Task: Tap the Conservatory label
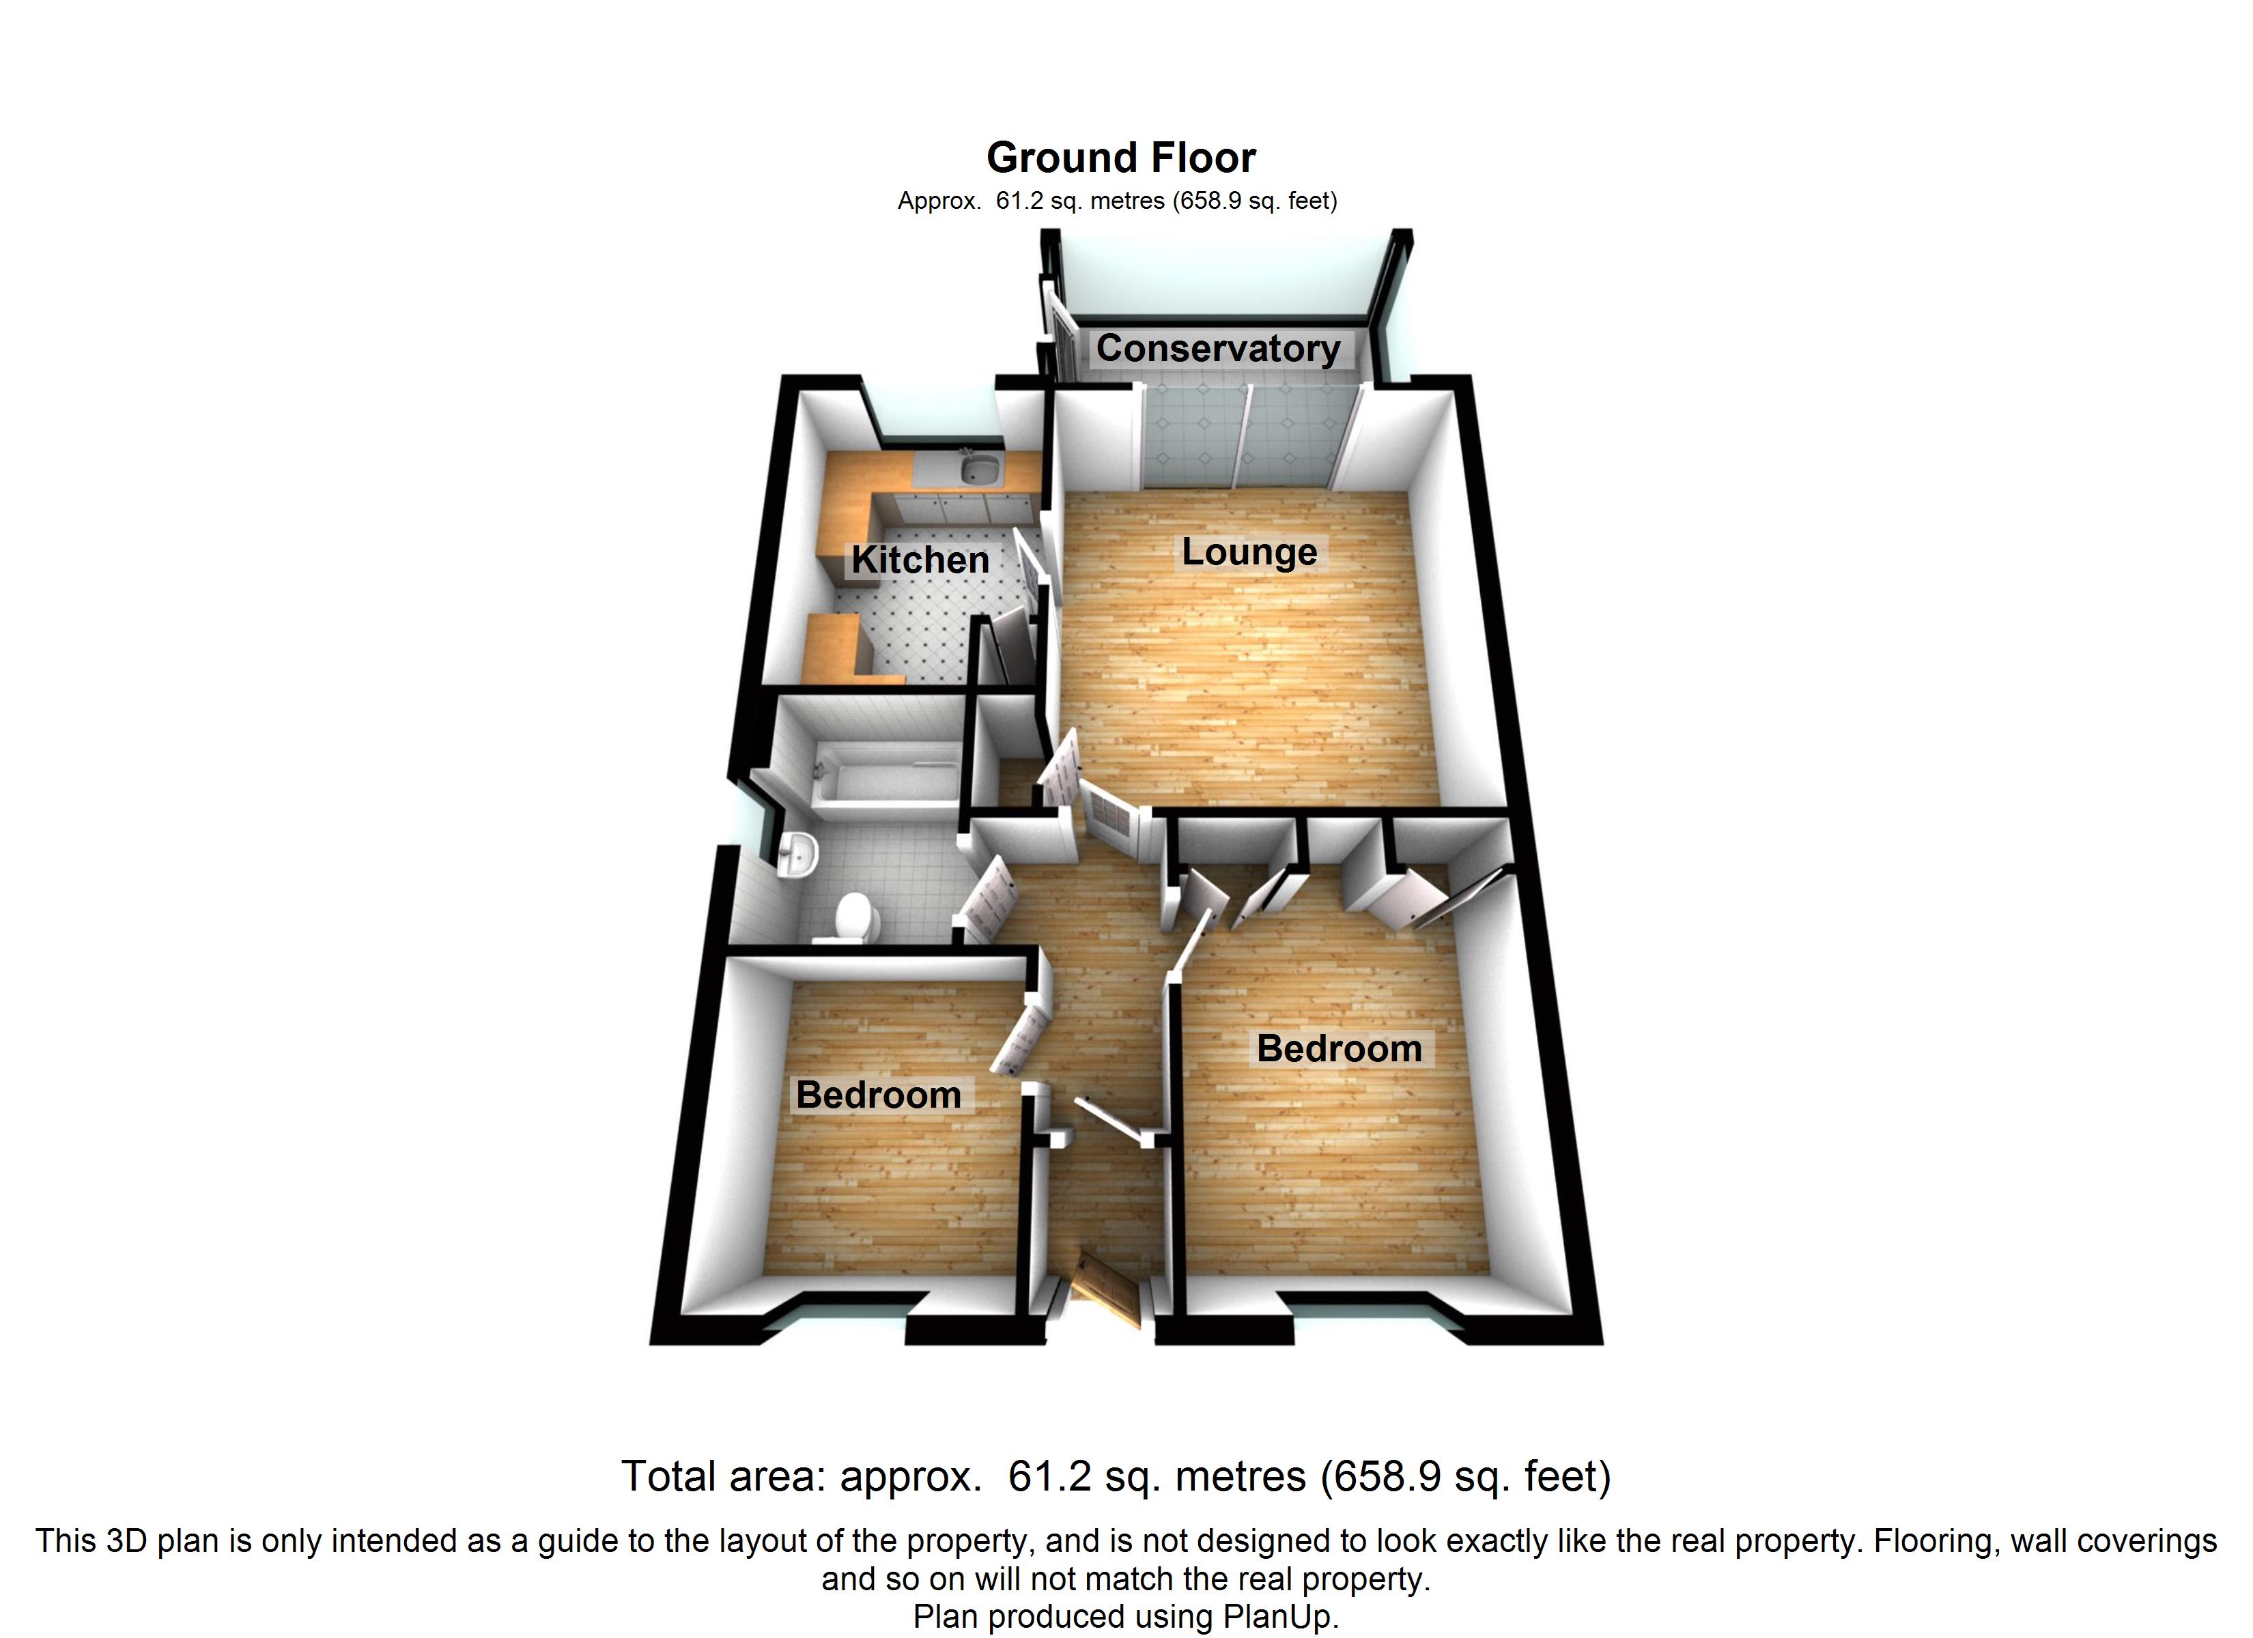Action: pyautogui.click(x=1218, y=349)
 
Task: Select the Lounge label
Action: pyautogui.click(x=1249, y=552)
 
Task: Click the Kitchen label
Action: pyautogui.click(x=920, y=560)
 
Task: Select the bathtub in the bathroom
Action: pyautogui.click(x=884, y=785)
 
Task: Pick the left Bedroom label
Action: pyautogui.click(x=878, y=1095)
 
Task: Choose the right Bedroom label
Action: pyautogui.click(x=1339, y=1049)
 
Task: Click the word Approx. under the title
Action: pyautogui.click(x=938, y=201)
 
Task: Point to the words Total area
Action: pyautogui.click(x=723, y=1477)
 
